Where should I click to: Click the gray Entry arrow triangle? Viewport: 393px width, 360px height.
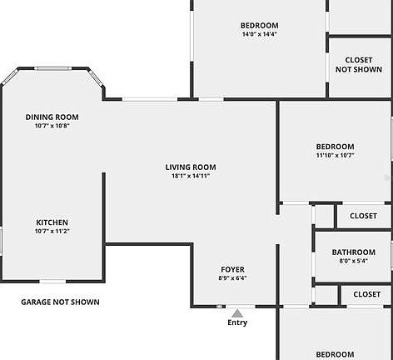237,313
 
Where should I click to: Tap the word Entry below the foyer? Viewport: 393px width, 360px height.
237,322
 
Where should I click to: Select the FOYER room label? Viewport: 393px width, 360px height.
232,269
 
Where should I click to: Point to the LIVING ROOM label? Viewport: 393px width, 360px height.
191,167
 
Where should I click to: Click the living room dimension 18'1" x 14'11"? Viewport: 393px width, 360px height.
191,176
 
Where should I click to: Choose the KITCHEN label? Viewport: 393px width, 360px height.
52,222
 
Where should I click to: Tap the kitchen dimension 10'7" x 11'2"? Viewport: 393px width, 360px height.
52,231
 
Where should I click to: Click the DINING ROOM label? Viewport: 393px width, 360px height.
52,117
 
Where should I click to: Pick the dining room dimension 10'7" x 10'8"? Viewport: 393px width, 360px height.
52,126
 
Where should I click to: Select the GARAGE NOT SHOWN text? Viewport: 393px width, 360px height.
60,302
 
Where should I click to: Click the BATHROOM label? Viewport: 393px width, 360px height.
354,252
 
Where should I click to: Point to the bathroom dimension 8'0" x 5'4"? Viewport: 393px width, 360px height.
354,261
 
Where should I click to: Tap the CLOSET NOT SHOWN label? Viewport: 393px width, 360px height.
359,65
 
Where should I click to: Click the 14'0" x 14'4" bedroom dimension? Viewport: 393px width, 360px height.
260,34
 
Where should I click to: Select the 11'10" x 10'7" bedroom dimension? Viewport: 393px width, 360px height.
336,155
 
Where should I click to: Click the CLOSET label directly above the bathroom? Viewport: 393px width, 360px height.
363,216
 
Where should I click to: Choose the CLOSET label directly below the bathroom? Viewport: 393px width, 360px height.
366,294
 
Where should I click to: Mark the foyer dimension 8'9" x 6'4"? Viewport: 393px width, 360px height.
232,278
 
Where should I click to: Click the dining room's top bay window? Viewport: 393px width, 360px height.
52,68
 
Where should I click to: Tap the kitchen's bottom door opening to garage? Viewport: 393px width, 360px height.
52,282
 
